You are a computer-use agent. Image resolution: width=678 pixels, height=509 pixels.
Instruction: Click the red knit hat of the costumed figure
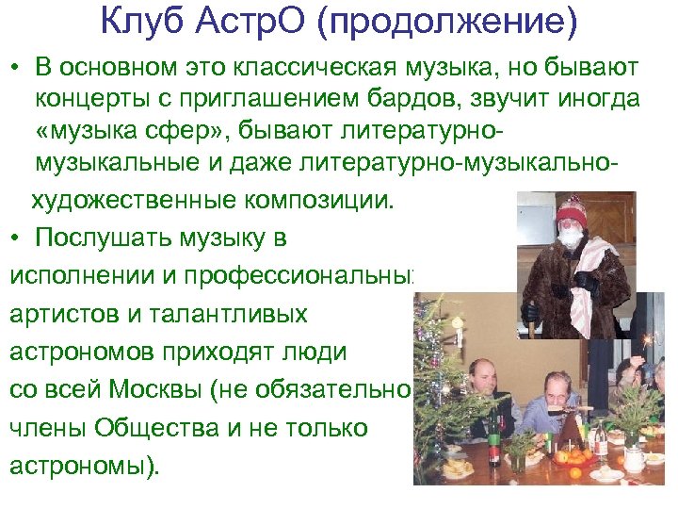571,211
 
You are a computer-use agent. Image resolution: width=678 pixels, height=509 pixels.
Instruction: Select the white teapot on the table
635,458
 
